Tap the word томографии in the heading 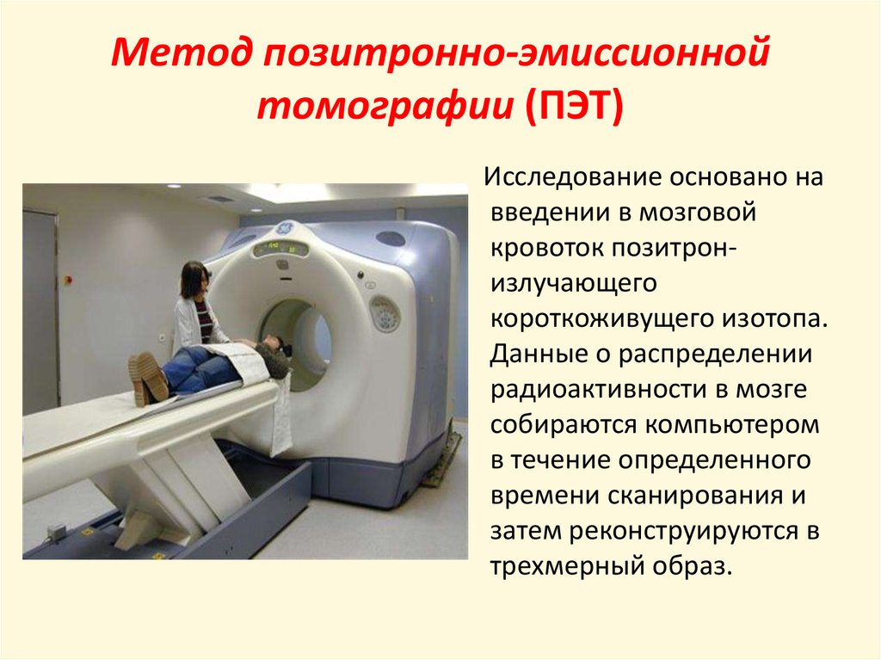tap(385, 108)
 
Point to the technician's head tap(195, 279)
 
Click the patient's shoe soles tap(148, 378)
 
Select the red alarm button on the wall tap(69, 279)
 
